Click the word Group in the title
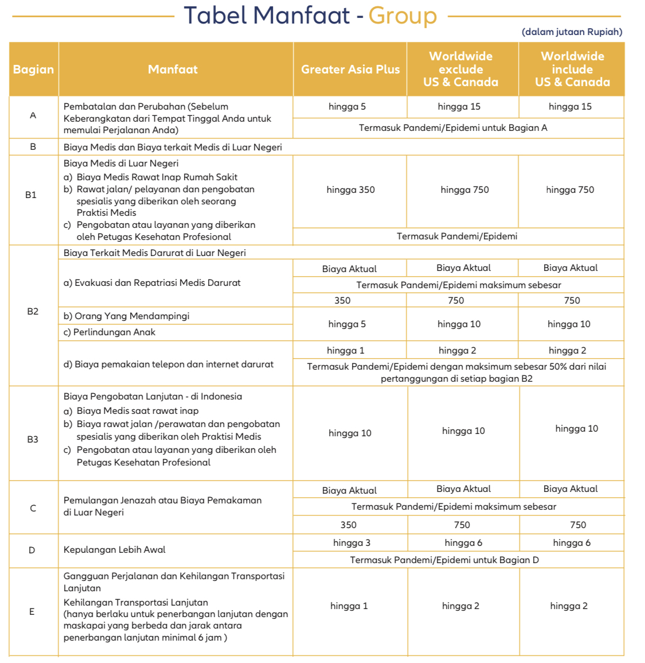[402, 16]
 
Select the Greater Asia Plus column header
[350, 69]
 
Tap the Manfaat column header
[173, 69]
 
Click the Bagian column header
[33, 69]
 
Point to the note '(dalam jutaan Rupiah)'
[572, 32]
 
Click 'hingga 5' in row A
[347, 107]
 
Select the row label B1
[31, 195]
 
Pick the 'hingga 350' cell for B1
[350, 190]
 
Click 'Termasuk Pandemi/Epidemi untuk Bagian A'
[453, 128]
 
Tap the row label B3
[33, 440]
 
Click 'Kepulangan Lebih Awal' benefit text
[114, 550]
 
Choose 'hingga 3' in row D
[351, 543]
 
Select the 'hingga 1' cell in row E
[349, 606]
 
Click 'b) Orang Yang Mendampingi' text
[126, 316]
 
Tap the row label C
[33, 509]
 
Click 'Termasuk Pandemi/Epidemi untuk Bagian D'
[444, 560]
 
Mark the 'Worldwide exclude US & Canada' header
[461, 69]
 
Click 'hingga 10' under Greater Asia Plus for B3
[350, 433]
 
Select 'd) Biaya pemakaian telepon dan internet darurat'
[169, 365]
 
